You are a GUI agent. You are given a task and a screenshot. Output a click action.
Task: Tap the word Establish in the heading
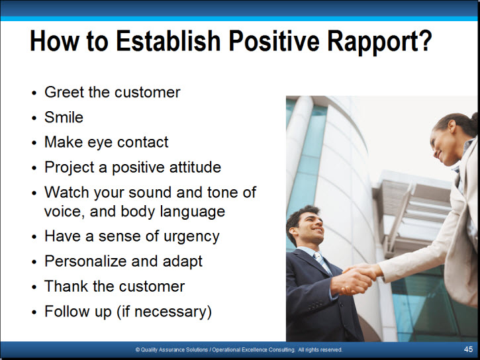168,40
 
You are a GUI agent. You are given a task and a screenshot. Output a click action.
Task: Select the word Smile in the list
64,117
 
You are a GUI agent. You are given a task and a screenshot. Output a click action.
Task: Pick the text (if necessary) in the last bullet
164,312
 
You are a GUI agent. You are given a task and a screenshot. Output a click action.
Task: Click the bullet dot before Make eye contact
34,143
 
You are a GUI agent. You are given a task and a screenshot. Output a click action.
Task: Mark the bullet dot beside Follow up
34,312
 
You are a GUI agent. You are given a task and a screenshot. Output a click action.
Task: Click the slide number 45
468,349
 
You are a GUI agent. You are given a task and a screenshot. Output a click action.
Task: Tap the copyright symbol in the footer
138,349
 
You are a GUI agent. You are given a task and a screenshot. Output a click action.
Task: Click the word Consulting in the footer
281,349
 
